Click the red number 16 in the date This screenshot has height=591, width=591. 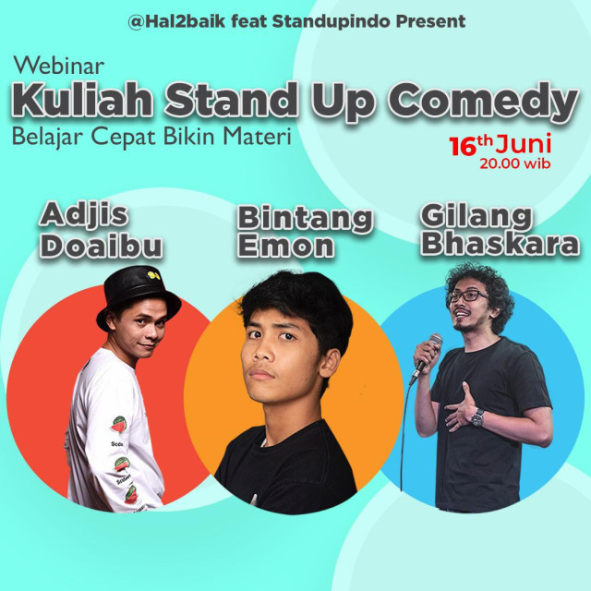click(461, 146)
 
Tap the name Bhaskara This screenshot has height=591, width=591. click(501, 245)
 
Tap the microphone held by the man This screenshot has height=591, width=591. click(429, 349)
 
